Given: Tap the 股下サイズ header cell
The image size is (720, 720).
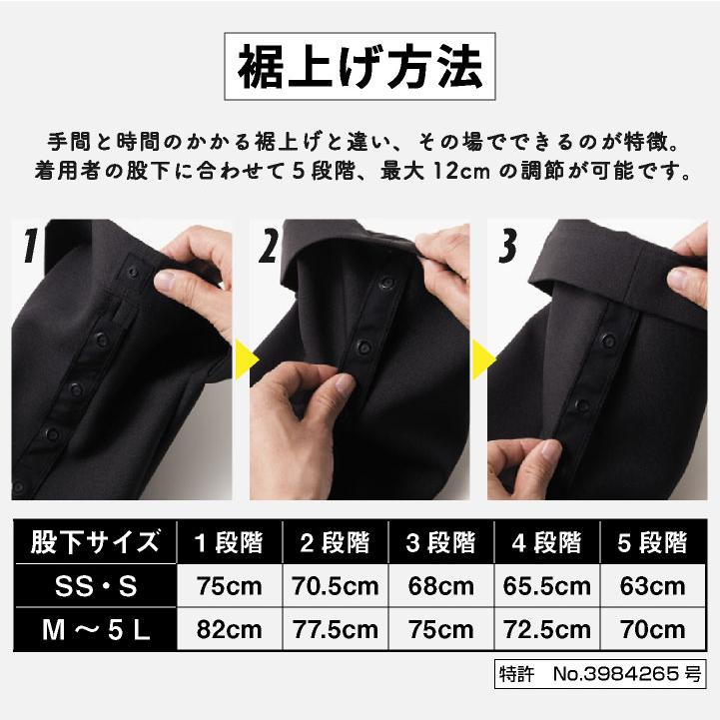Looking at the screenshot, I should (x=95, y=542).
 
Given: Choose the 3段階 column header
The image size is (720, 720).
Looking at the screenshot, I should (x=440, y=542).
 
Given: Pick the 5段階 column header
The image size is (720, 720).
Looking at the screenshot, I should (x=651, y=542).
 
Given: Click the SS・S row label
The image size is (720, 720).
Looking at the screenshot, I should (x=95, y=586).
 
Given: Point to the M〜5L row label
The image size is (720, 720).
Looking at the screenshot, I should (x=95, y=629).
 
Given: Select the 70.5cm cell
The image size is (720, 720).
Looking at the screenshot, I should (x=335, y=586).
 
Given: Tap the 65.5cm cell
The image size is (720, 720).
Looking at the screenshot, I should (x=545, y=586).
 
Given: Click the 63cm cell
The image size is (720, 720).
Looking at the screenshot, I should (x=651, y=586).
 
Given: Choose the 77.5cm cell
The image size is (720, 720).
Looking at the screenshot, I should (x=335, y=629).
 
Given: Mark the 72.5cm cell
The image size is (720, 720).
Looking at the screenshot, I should (x=545, y=629).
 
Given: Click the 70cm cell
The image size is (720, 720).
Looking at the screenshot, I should (x=651, y=629).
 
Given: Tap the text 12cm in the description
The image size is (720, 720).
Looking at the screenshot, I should (x=458, y=170).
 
